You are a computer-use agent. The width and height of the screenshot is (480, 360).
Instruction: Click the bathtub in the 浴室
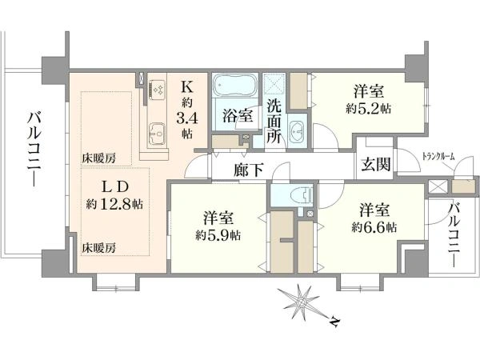pyautogui.click(x=234, y=86)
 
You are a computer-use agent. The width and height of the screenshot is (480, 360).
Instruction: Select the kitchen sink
pyautogui.click(x=157, y=134)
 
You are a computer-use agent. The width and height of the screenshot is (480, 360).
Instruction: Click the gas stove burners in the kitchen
pyautogui.click(x=157, y=90)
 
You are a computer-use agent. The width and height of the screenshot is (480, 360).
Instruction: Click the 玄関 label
pyautogui.click(x=376, y=166)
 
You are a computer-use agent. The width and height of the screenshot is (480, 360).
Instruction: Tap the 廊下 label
pyautogui.click(x=248, y=170)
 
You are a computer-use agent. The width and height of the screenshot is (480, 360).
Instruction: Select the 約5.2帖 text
pyautogui.click(x=368, y=109)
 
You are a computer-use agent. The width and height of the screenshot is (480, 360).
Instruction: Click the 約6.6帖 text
pyautogui.click(x=374, y=227)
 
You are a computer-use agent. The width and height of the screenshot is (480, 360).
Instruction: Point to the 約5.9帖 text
pyautogui.click(x=218, y=235)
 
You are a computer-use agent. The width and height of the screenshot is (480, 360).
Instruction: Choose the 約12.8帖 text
pyautogui.click(x=114, y=203)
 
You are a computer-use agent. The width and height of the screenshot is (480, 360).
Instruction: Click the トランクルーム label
pyautogui.click(x=438, y=157)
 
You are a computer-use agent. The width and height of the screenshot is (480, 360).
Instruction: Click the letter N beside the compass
pyautogui.click(x=335, y=322)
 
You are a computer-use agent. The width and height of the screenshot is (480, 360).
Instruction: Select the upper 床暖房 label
pyautogui.click(x=98, y=158)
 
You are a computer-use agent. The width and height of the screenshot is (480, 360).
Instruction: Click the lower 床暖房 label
pyautogui.click(x=98, y=248)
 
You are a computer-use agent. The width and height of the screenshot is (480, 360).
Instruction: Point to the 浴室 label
pyautogui.click(x=238, y=116)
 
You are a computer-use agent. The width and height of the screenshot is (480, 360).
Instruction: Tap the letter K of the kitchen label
pyautogui.click(x=187, y=87)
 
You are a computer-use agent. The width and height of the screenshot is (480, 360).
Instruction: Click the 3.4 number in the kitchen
pyautogui.click(x=186, y=118)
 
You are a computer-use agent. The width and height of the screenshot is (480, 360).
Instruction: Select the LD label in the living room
pyautogui.click(x=114, y=186)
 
